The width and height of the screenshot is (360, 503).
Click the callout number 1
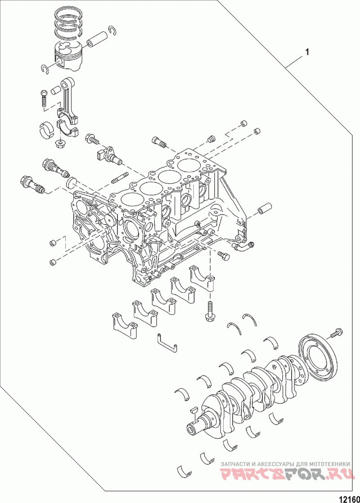point(307,52)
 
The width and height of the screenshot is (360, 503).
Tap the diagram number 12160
point(349,498)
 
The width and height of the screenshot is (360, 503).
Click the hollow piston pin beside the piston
point(96,40)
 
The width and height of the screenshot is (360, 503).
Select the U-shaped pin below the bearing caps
point(166,343)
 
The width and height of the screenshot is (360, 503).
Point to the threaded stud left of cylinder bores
point(120,178)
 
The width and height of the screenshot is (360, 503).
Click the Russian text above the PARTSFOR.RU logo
point(286,463)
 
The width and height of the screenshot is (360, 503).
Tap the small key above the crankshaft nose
point(193,410)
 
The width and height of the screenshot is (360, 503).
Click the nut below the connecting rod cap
point(60,144)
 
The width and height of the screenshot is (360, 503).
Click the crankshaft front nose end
point(192,428)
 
